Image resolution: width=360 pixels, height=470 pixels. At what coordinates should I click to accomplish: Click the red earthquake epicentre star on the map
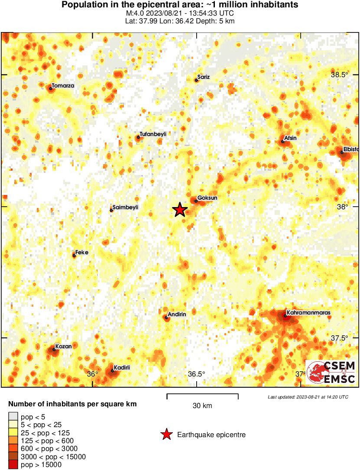180,210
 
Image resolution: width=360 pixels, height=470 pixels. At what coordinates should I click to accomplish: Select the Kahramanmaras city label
303,312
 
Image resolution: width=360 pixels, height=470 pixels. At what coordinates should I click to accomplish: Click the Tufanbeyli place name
153,134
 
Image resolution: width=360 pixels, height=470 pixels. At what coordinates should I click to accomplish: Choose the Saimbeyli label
125,207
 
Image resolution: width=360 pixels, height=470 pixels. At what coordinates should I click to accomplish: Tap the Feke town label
82,252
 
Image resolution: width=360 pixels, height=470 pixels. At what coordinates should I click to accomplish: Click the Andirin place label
177,314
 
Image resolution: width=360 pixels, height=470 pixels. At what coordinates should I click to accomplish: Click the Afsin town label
290,138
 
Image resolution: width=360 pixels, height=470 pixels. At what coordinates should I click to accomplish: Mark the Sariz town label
204,77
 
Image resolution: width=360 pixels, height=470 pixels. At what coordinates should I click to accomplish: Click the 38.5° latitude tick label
340,75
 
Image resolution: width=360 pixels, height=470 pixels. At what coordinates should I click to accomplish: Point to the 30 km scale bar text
202,406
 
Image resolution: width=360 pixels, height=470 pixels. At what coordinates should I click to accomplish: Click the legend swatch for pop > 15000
13,465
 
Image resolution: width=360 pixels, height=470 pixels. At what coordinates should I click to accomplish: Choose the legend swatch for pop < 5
13,417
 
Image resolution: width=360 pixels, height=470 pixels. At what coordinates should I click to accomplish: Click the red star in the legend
166,434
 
